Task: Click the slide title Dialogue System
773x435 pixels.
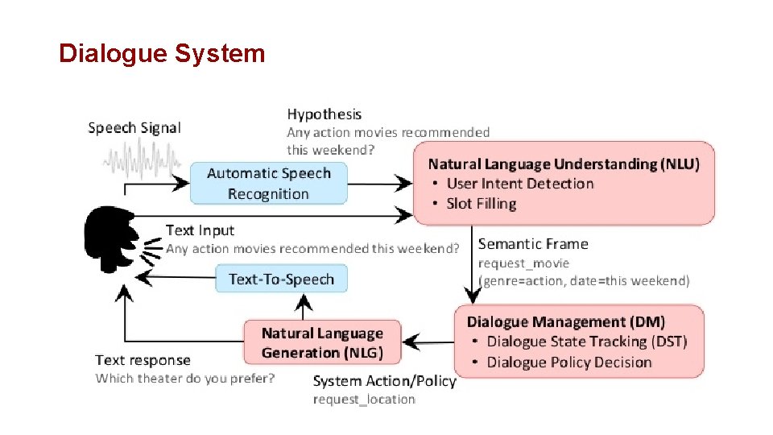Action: pos(162,54)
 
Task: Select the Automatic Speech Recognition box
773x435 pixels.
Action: pos(268,183)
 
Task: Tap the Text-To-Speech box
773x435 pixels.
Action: pos(281,279)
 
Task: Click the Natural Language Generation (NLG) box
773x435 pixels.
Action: pos(322,342)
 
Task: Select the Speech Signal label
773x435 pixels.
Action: pos(134,127)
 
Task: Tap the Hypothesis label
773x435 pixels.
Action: pos(324,114)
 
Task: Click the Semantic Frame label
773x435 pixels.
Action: pos(533,244)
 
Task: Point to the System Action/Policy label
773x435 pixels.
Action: pos(384,381)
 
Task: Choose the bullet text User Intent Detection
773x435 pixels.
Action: pos(519,184)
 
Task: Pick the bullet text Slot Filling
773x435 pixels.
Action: pos(481,204)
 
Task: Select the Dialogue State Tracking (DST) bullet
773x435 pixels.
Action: pos(586,342)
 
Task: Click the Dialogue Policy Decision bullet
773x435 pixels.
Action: pos(568,362)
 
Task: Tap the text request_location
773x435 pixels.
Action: pos(364,400)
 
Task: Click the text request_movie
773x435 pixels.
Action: pos(523,263)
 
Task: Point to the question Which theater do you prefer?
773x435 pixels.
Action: pos(185,378)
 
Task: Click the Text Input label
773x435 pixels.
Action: pos(200,231)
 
